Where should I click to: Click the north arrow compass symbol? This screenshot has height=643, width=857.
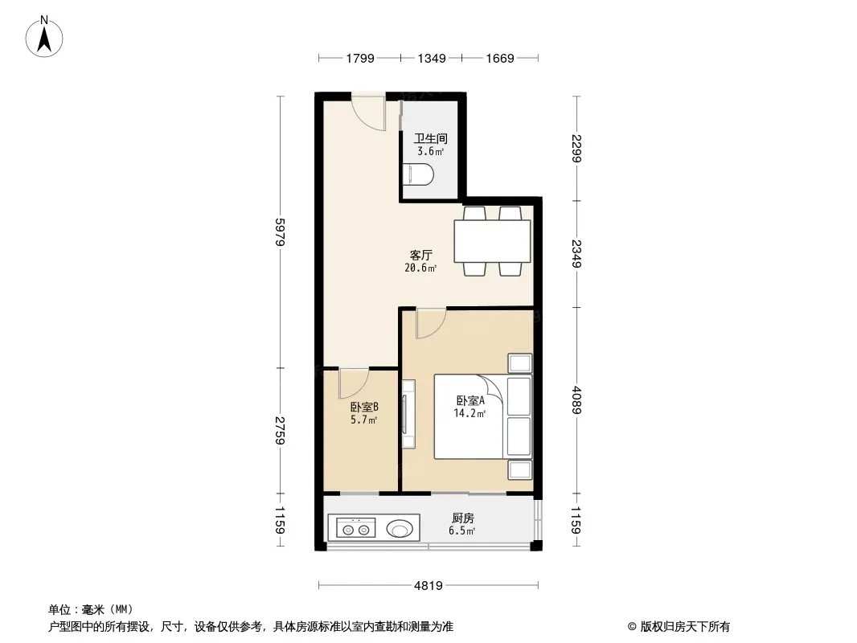(44, 37)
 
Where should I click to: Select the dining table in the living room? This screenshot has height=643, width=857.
(493, 241)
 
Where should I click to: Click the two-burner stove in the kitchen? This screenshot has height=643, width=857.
(355, 528)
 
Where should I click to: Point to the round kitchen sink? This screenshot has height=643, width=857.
(400, 529)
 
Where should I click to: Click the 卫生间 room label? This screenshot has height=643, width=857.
(430, 139)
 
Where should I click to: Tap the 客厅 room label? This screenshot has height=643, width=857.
(420, 255)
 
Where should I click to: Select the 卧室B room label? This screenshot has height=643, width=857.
(364, 407)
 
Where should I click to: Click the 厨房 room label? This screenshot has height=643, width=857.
(462, 518)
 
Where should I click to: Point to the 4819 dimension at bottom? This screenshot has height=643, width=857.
(428, 586)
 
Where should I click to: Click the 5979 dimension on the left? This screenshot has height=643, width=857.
(280, 232)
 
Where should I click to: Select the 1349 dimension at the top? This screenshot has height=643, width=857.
(432, 58)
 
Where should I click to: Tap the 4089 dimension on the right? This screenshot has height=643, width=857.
(577, 400)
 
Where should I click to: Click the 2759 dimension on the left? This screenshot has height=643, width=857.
(280, 431)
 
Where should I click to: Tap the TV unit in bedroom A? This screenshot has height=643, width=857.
(408, 414)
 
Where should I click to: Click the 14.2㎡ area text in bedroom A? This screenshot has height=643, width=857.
(470, 414)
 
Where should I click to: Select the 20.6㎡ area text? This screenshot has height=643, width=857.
(420, 268)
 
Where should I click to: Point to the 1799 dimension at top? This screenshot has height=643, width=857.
(360, 58)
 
